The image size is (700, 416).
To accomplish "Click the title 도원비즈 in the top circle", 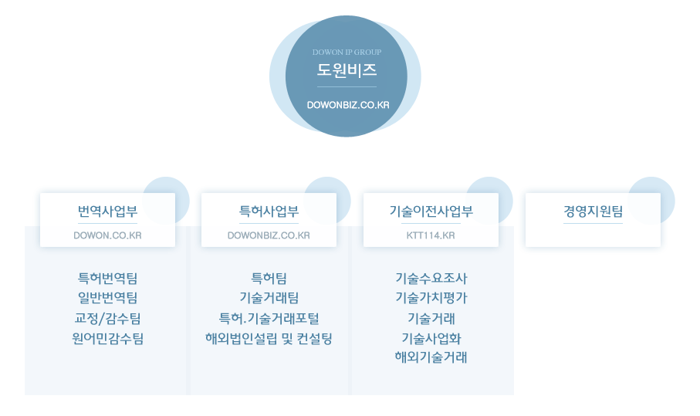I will pyautogui.click(x=347, y=70).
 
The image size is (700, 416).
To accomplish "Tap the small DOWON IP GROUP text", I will pyautogui.click(x=347, y=52).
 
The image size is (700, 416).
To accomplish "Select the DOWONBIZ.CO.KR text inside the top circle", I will pyautogui.click(x=347, y=103).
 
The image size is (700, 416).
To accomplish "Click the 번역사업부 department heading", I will pyautogui.click(x=107, y=211).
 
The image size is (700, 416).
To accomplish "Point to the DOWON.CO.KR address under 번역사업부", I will pyautogui.click(x=107, y=235).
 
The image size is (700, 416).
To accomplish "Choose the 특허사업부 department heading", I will pyautogui.click(x=269, y=211).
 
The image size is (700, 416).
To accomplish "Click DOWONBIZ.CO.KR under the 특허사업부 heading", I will pyautogui.click(x=269, y=235).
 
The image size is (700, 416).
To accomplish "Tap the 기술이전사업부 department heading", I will pyautogui.click(x=431, y=211).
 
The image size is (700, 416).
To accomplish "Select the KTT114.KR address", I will pyautogui.click(x=431, y=235).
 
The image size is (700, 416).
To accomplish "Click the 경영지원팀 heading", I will pyautogui.click(x=593, y=211).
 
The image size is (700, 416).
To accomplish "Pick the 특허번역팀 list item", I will pyautogui.click(x=107, y=278).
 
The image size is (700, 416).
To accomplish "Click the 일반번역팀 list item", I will pyautogui.click(x=107, y=298).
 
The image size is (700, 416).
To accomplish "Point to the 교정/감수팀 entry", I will pyautogui.click(x=107, y=318).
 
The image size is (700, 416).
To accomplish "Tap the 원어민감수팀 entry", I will pyautogui.click(x=107, y=338).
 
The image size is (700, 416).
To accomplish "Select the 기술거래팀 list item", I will pyautogui.click(x=269, y=298).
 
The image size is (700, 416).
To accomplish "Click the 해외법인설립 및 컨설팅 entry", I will pyautogui.click(x=269, y=338).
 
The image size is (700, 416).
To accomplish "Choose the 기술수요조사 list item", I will pyautogui.click(x=431, y=278).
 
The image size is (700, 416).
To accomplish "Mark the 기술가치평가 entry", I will pyautogui.click(x=431, y=298).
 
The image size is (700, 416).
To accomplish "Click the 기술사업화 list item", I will pyautogui.click(x=431, y=338).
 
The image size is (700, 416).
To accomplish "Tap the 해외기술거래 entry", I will pyautogui.click(x=431, y=357).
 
